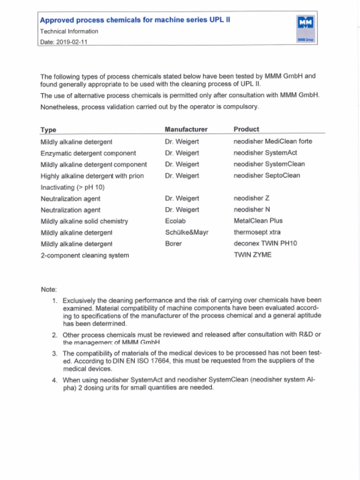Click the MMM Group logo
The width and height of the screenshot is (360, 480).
pos(305,28)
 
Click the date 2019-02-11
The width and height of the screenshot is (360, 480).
pos(72,42)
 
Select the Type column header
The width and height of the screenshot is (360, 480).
pos(48,130)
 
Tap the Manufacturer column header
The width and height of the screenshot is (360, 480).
pos(186,129)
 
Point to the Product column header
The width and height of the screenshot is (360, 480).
pos(246,129)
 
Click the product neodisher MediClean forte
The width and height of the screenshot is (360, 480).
pos(272,141)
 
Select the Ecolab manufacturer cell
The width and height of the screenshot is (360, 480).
pos(176,221)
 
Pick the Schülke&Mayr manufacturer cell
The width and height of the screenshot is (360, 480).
pos(187,232)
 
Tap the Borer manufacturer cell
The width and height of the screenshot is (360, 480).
pos(173,244)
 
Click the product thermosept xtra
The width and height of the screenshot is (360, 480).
pos(257,232)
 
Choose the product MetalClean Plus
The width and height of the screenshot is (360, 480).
pos(258,220)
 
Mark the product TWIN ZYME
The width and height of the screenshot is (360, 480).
pos(252,255)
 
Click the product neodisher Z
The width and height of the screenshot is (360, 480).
pos(251,198)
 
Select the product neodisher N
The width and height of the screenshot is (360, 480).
pos(252,210)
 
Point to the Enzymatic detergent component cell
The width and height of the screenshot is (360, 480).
pos(88,153)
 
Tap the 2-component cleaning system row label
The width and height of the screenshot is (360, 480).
pos(84,255)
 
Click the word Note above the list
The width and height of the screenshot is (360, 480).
pos(49,290)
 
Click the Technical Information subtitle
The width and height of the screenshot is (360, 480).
pos(69,31)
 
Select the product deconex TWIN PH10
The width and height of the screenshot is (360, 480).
pos(265,243)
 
